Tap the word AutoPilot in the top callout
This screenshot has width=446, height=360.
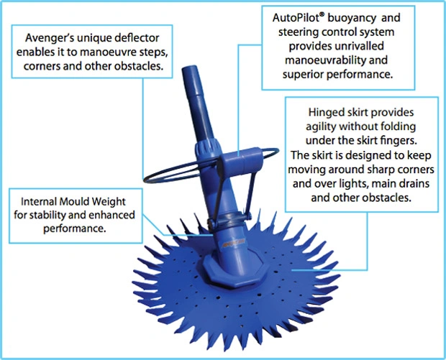coord(296,18)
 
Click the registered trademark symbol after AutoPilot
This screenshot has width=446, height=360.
coord(322,15)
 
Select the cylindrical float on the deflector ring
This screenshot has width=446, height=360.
coord(241,161)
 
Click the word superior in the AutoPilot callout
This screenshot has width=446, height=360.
coord(303,75)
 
